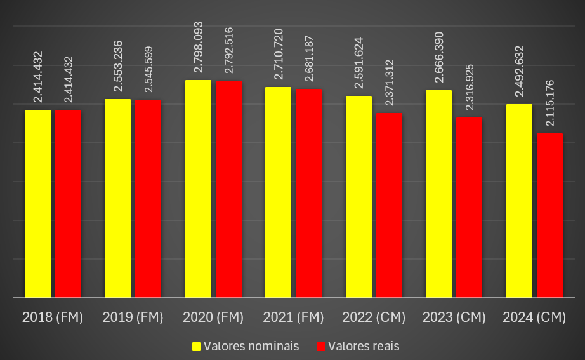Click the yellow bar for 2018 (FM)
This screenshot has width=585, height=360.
(x=37, y=203)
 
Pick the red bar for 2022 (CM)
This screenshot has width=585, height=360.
(x=389, y=204)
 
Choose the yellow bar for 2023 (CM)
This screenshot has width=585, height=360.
(x=438, y=194)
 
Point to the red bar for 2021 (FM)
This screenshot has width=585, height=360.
(x=308, y=192)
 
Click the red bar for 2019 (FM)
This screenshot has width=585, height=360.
(x=148, y=198)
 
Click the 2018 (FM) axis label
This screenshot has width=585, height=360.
(x=53, y=317)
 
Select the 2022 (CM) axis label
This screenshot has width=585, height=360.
(x=373, y=317)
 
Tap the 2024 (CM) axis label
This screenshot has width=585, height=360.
(x=534, y=317)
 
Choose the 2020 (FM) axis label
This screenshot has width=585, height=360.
(x=213, y=317)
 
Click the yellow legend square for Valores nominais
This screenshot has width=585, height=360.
(x=197, y=346)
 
